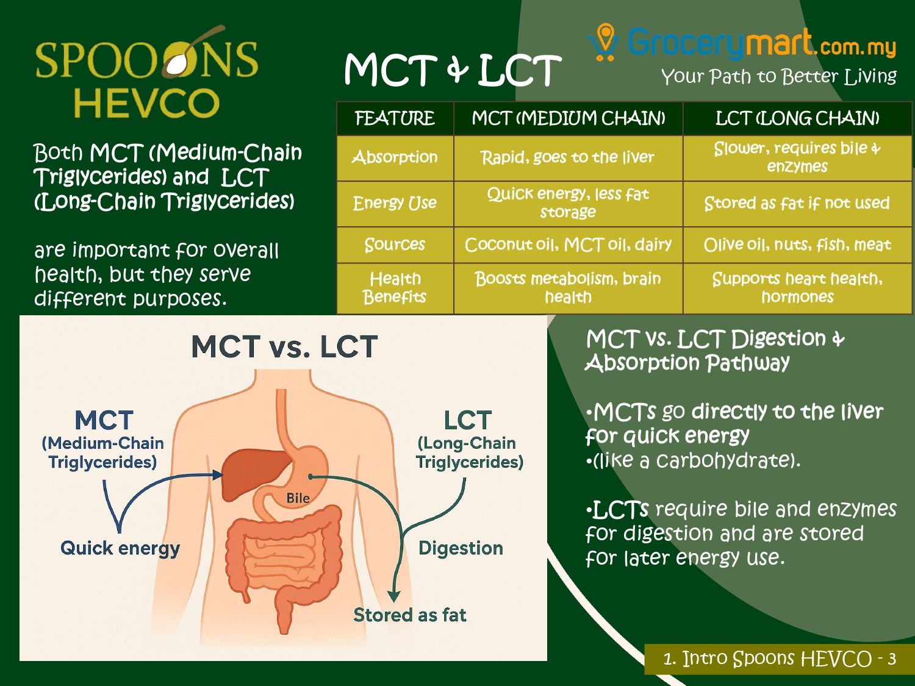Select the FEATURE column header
click(395, 118)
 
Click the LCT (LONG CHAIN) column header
click(797, 118)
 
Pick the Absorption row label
click(395, 157)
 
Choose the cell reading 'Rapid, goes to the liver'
click(567, 157)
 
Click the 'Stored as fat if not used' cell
click(797, 203)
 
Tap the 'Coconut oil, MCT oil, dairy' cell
click(568, 245)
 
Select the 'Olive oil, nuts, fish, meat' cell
click(797, 245)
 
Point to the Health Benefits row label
click(395, 288)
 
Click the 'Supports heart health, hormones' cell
click(797, 288)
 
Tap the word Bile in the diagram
click(298, 498)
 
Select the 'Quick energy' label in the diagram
click(120, 548)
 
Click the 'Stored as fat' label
click(409, 615)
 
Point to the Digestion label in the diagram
click(461, 548)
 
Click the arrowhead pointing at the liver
click(217, 474)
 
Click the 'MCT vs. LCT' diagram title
click(284, 346)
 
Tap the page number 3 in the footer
click(892, 659)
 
